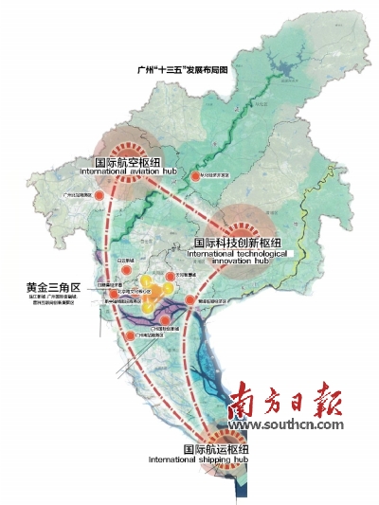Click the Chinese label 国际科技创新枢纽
[243, 243]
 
